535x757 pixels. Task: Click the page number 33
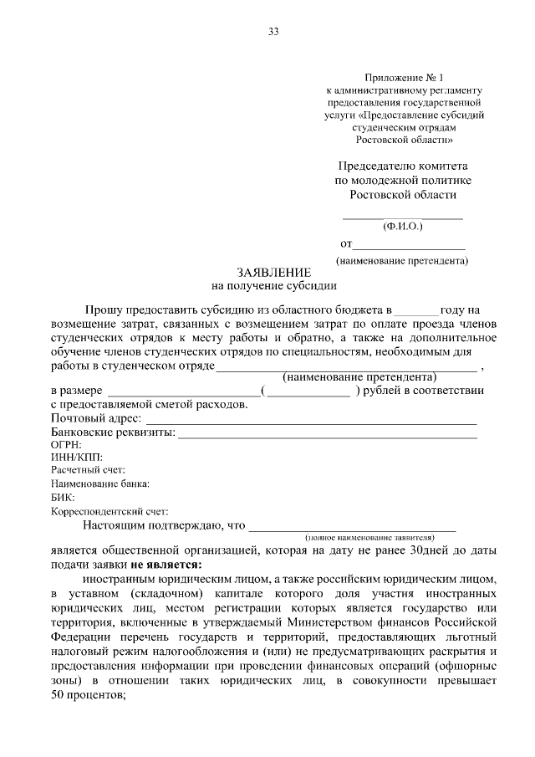pos(273,32)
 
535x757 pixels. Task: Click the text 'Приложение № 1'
pos(406,78)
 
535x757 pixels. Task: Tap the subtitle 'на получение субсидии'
pos(274,286)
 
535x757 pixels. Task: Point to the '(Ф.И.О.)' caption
pos(403,226)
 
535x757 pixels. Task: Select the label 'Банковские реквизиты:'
pos(113,432)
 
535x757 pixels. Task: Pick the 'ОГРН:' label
pos(67,446)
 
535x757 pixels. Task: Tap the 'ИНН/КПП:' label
pos(76,458)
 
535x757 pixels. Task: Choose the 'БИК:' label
pos(63,498)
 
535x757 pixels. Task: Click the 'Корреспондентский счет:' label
pos(110,511)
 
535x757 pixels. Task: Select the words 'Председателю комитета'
pos(403,166)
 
